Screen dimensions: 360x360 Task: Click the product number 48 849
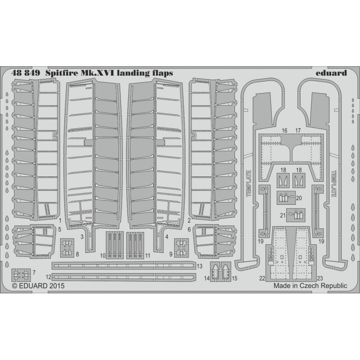[x=26, y=73]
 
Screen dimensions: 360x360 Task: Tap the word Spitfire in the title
[x=61, y=73]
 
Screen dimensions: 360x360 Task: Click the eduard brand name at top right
[x=331, y=73]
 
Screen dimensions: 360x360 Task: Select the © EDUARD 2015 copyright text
[x=38, y=286]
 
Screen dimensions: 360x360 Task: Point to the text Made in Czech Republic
[x=310, y=286]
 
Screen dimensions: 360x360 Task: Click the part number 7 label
[x=34, y=273]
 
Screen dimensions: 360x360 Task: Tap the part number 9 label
[x=171, y=254]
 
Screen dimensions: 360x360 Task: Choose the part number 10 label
[x=103, y=256]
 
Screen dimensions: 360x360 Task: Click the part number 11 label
[x=148, y=256]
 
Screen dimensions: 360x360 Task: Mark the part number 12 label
[x=49, y=277]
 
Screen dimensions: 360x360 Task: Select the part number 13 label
[x=199, y=266]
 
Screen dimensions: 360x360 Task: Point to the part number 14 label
[x=207, y=279]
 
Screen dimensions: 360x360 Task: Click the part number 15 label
[x=234, y=279]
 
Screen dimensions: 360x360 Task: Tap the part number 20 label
[x=299, y=198]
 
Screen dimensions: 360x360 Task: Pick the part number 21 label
[x=283, y=216]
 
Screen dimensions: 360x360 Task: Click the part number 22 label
[x=262, y=279]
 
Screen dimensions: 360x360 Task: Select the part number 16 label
[x=284, y=130]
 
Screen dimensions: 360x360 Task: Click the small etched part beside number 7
[x=21, y=275]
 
